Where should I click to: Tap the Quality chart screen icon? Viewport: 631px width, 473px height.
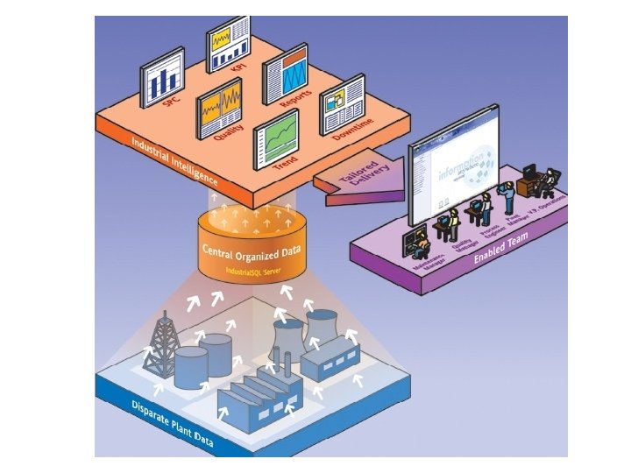point(219,108)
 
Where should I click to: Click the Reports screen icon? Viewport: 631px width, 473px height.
point(286,74)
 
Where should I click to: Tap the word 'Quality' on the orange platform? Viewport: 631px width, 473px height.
point(229,140)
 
